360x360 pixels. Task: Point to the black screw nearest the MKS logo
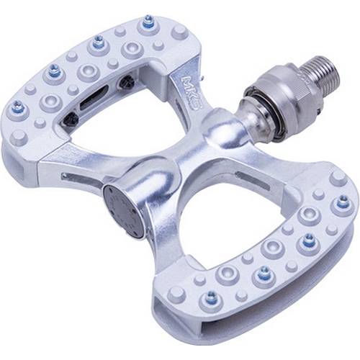click(x=126, y=82)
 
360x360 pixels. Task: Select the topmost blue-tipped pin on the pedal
click(x=146, y=21)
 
